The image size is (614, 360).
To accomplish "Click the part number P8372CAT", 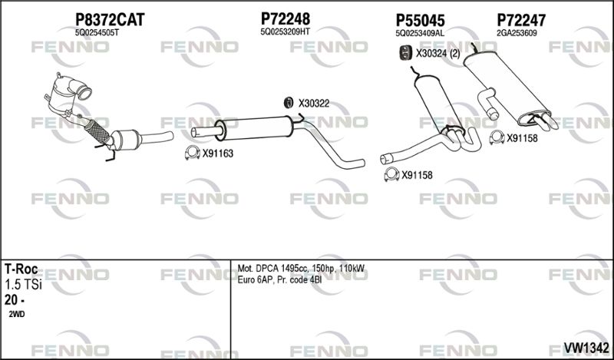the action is [110, 19].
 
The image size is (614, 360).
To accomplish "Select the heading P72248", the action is [286, 18].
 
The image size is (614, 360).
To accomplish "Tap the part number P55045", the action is [420, 20].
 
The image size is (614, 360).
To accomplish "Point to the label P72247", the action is [521, 20].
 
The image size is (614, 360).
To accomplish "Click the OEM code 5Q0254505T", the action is [97, 33].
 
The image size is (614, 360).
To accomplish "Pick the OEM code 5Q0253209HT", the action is [285, 32].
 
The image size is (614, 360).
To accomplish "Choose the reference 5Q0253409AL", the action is [420, 33].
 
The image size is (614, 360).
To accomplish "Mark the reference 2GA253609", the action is [517, 33].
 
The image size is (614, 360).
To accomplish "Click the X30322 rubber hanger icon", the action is [289, 103].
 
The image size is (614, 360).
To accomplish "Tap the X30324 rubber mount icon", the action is [405, 53].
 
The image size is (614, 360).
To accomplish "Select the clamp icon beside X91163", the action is [192, 153].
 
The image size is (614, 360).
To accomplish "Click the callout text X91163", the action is [217, 154].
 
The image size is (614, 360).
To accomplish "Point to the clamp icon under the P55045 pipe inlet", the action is [391, 174].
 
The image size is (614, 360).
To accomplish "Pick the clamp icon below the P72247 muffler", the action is [497, 137].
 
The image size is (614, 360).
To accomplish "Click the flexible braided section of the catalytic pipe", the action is [97, 131].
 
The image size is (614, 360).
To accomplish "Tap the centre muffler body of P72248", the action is [256, 127].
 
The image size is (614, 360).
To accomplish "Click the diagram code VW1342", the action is [586, 348].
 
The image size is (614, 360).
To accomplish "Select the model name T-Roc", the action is [21, 269].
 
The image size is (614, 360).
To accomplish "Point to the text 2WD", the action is [16, 314].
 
